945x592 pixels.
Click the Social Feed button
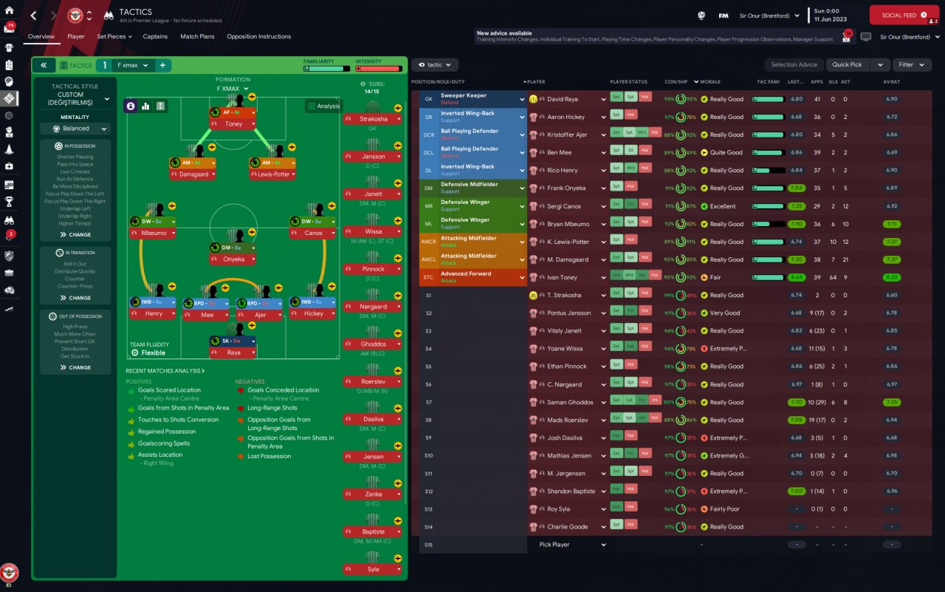click(x=904, y=15)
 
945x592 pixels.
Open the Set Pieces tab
click(x=114, y=36)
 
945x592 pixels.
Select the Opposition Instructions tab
click(x=258, y=36)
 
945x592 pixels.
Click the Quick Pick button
click(x=847, y=65)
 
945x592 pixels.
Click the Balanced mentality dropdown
click(x=75, y=129)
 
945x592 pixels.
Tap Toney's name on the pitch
click(x=233, y=124)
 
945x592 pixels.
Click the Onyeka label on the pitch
click(x=233, y=259)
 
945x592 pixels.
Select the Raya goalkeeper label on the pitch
click(x=233, y=353)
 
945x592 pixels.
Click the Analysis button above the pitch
click(x=323, y=106)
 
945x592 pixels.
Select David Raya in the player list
click(x=563, y=99)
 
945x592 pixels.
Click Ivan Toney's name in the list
click(x=562, y=277)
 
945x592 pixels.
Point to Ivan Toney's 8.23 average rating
click(x=891, y=277)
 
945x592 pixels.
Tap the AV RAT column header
click(x=891, y=82)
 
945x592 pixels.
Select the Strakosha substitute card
click(x=373, y=119)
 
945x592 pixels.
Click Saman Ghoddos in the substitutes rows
click(x=570, y=402)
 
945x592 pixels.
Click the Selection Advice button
click(x=794, y=65)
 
